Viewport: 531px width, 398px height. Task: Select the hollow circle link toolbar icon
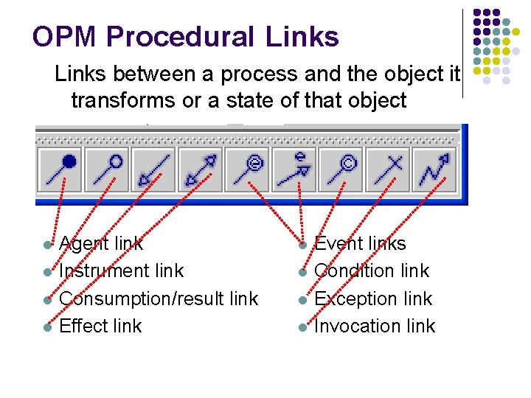(x=106, y=169)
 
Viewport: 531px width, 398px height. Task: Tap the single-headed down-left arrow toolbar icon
(x=153, y=169)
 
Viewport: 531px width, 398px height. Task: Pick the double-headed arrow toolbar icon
(x=201, y=169)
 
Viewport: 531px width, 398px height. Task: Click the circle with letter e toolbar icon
(x=248, y=169)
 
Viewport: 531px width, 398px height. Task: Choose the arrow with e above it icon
(x=294, y=169)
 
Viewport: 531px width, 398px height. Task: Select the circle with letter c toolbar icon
(x=341, y=169)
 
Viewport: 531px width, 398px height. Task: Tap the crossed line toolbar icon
(x=388, y=169)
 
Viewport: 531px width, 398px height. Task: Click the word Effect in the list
(x=80, y=326)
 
